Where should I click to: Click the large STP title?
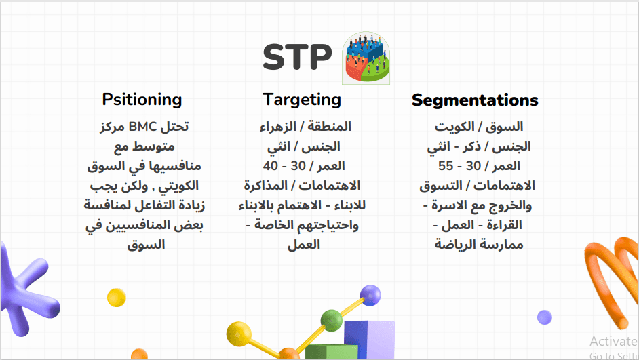297,57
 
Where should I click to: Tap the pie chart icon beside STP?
366,58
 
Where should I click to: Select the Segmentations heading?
475,100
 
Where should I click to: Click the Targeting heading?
302,100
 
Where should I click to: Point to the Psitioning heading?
142,100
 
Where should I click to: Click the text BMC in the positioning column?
142,127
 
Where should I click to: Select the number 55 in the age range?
446,165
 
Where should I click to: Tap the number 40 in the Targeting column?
271,165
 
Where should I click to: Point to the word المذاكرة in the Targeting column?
266,186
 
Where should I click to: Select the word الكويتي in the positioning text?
178,186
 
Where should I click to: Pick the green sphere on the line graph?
331,320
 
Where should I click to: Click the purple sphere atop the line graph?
370,295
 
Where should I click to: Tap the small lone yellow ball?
117,297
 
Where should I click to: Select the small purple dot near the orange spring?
545,317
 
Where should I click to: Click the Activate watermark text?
614,341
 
